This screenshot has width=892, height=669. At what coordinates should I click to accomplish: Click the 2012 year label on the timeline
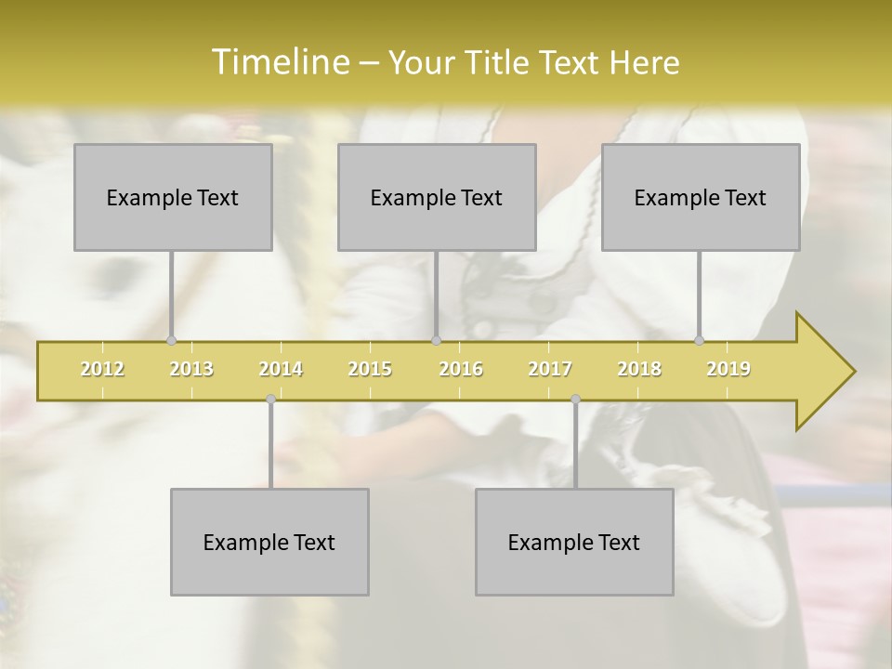[102, 369]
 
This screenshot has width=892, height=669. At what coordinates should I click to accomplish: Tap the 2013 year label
[191, 369]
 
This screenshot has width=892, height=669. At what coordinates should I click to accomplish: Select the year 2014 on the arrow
[281, 369]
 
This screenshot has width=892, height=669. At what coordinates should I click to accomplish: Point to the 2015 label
[370, 369]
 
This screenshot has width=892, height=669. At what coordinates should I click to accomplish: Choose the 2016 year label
[461, 369]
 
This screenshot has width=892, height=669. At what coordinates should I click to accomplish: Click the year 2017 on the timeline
[550, 369]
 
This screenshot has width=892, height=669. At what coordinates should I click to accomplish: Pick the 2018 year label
[639, 369]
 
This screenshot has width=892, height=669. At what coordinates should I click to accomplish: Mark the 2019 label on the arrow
[728, 369]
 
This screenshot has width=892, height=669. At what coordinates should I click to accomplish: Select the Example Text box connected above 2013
[173, 197]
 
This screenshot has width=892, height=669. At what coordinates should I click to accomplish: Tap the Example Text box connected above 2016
[437, 197]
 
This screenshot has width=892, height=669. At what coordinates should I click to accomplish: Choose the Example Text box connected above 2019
[701, 197]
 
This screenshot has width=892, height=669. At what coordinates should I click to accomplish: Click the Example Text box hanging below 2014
[269, 542]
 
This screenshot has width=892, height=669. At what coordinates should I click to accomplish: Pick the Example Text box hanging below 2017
[574, 542]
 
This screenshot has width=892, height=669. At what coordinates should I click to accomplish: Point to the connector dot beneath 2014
[270, 399]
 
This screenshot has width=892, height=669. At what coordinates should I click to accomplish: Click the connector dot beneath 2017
[575, 399]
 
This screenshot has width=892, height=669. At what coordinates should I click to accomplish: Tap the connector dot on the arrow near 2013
[171, 340]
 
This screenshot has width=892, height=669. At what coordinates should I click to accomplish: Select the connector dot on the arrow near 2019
[700, 340]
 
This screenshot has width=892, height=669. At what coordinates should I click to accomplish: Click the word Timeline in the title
[279, 62]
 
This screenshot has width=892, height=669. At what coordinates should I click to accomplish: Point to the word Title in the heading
[498, 62]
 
